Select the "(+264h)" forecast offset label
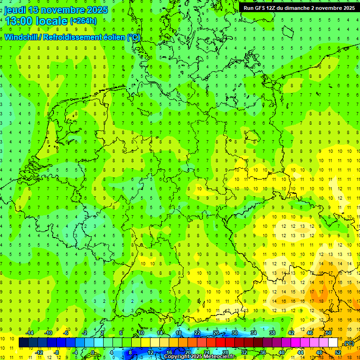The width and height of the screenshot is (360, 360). [83, 21]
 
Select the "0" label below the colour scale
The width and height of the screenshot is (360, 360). [93, 352]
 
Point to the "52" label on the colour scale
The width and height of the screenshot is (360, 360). [338, 352]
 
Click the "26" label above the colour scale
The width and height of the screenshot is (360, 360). [216, 333]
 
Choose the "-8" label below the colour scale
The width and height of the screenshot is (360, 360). [57, 352]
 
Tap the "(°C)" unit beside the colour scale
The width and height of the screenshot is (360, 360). [349, 344]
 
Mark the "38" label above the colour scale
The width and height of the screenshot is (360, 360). [272, 333]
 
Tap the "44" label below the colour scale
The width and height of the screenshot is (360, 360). [300, 352]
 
